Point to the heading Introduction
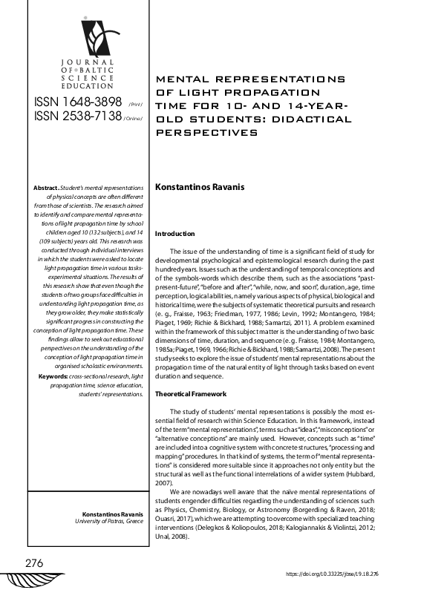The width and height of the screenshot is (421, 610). (x=174, y=234)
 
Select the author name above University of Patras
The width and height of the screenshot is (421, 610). (x=112, y=514)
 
